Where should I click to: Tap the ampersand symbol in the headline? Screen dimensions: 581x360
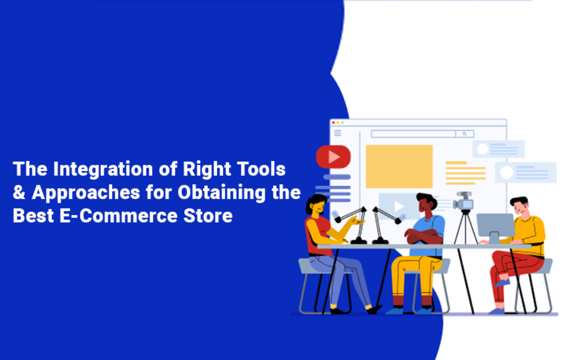(x=19, y=193)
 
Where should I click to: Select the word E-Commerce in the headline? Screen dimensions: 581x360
(x=119, y=216)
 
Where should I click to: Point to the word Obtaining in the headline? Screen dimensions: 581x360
(x=221, y=193)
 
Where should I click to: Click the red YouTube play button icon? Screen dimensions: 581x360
(x=333, y=157)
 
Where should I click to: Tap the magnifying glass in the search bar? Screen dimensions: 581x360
(x=464, y=134)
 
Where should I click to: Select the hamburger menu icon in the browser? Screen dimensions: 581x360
(x=338, y=133)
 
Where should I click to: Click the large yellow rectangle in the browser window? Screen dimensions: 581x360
(x=399, y=167)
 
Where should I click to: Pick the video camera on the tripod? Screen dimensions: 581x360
(x=463, y=201)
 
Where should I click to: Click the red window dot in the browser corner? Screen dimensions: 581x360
(x=333, y=123)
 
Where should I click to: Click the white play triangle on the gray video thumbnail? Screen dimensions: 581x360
(x=398, y=206)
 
